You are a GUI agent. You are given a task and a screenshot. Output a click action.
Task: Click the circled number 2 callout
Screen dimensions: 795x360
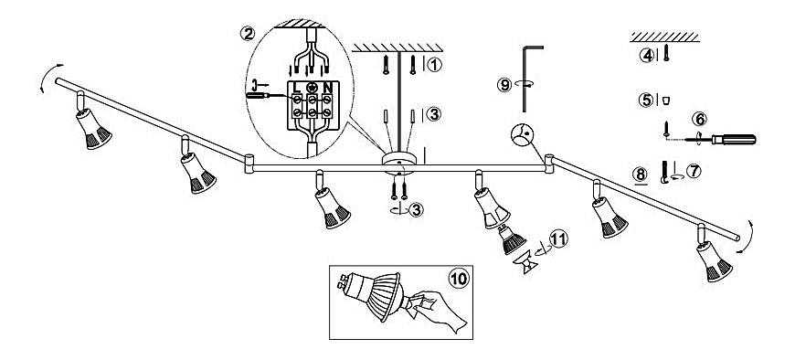click(x=248, y=34)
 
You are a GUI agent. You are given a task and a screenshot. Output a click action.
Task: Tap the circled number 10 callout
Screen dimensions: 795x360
click(x=459, y=279)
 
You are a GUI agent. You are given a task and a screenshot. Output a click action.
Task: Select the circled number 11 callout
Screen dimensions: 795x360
click(x=558, y=238)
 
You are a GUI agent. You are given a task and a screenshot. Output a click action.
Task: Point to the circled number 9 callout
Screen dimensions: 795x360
click(x=504, y=85)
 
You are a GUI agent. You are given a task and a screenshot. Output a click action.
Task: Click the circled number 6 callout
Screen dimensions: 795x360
click(x=700, y=119)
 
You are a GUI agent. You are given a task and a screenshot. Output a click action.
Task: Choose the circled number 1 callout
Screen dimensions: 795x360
click(x=436, y=64)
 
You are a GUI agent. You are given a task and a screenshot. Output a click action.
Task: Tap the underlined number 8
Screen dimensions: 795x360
click(x=641, y=175)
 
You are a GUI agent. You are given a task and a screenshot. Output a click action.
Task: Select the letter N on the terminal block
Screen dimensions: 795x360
click(x=327, y=87)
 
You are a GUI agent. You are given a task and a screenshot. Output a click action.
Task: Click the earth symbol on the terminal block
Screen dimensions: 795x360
click(x=313, y=87)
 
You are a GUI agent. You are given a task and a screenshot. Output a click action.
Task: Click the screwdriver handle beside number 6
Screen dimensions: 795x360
click(x=734, y=140)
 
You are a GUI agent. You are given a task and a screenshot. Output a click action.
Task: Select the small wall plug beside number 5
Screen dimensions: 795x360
click(x=666, y=100)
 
